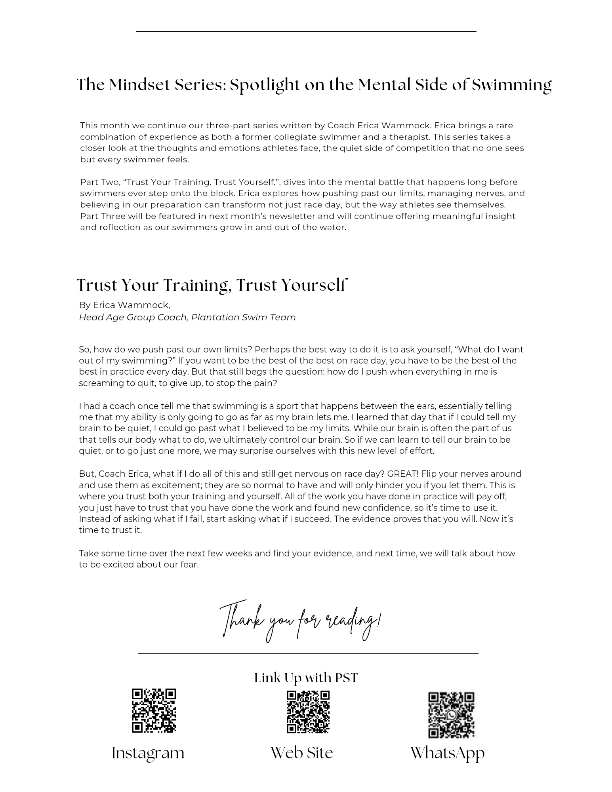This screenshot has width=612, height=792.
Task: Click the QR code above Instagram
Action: click(154, 710)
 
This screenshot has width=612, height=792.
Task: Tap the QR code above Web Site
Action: click(308, 712)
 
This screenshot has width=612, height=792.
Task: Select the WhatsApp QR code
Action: click(451, 714)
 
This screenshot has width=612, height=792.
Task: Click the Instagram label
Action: click(148, 753)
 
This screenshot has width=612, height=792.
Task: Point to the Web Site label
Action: click(302, 753)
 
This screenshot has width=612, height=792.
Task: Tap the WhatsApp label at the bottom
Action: click(447, 753)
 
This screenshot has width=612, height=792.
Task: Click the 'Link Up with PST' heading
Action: click(306, 678)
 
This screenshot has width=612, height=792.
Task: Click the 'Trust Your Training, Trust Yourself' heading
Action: click(212, 285)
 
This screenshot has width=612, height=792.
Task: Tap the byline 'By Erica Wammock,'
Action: click(124, 305)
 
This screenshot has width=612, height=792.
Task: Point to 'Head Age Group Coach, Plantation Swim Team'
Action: click(187, 317)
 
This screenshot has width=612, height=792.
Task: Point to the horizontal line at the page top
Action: click(306, 31)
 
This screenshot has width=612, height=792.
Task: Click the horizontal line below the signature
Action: click(308, 653)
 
